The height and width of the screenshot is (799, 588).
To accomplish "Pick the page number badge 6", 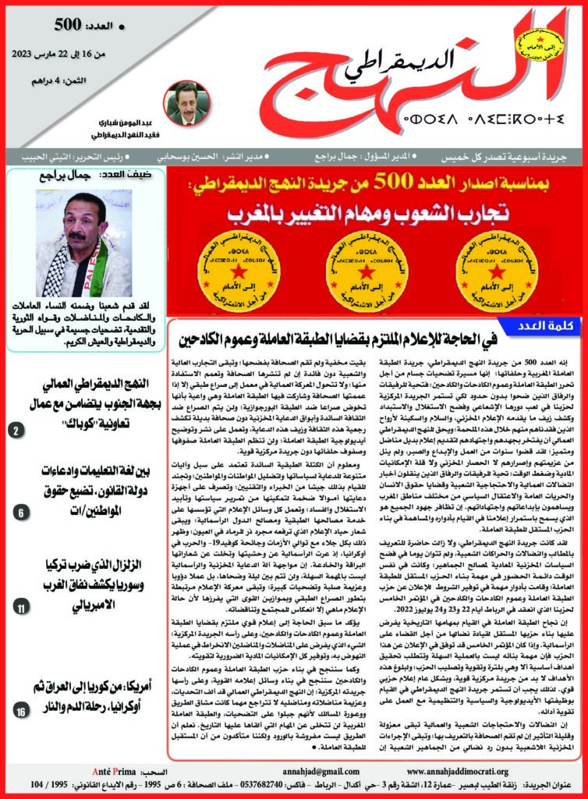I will coord(21,512).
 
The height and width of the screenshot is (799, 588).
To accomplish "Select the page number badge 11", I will coord(21,605).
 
